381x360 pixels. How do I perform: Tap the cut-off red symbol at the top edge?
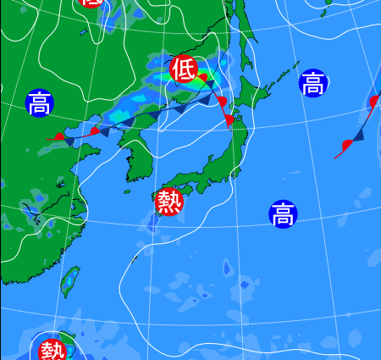pos(90,3)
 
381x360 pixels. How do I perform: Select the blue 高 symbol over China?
pos(38,103)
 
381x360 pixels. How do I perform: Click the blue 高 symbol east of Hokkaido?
pos(312,83)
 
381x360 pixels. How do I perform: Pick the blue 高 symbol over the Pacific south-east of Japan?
pos(283,214)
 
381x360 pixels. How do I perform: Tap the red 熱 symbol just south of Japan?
pos(169,202)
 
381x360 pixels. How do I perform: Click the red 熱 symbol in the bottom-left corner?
pos(52,348)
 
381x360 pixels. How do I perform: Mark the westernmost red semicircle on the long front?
pos(58,136)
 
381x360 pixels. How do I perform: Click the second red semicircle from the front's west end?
pos(95,130)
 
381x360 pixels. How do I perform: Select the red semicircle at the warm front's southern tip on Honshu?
pos(229,121)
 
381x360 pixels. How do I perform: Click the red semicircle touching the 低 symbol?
pos(202,79)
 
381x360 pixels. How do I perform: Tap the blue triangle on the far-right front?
pos(359,134)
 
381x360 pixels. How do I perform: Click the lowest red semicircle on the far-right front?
pos(345,145)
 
